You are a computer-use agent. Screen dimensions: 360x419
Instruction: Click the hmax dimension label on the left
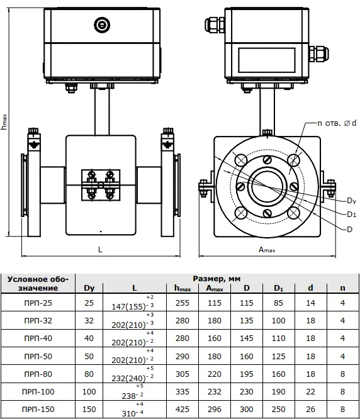coord(4,122)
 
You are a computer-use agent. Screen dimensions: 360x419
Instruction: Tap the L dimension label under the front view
coord(100,250)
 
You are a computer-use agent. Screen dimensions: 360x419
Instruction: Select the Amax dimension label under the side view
coord(267,250)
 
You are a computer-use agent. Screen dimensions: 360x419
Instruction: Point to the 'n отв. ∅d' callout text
coord(337,123)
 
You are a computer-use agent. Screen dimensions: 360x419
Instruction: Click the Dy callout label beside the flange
coord(351,201)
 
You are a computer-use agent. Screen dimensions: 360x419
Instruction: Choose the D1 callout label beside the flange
coord(351,215)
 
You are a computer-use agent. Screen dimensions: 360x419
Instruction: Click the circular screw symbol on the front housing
coord(102,25)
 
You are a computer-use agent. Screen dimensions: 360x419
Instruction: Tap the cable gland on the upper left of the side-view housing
coord(215,25)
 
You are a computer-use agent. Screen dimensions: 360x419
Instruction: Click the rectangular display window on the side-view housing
coord(267,60)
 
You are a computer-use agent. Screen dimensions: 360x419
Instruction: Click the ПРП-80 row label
coord(38,374)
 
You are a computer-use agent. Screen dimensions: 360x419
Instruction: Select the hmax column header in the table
coord(183,288)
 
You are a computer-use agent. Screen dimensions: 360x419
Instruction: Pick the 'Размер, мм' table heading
coord(217,279)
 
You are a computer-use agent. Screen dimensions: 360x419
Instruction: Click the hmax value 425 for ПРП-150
coord(183,409)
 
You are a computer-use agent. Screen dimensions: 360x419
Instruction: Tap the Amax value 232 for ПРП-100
coord(215,391)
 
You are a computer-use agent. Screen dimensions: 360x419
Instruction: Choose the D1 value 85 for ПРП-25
coord(278,303)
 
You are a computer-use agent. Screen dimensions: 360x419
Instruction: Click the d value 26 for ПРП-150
coord(310,409)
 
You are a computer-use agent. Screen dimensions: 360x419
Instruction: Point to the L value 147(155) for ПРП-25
coord(128,306)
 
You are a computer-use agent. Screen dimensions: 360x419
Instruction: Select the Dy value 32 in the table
coord(89,320)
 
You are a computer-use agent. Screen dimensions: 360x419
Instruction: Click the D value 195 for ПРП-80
coord(247,374)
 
